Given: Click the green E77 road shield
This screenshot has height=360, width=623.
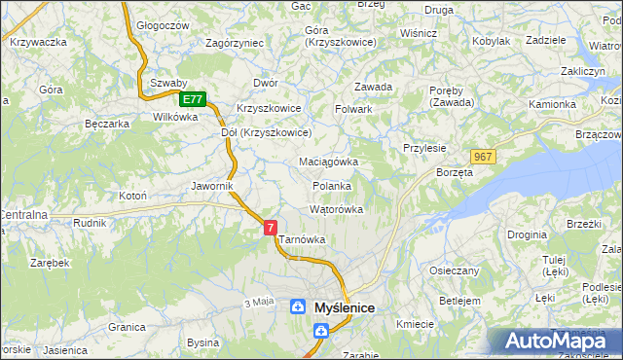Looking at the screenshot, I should (193, 99).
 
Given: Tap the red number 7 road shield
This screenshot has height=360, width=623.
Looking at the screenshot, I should (271, 227).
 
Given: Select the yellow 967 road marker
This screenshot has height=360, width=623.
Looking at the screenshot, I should (483, 157).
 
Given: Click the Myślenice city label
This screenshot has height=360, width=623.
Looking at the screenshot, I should (345, 307).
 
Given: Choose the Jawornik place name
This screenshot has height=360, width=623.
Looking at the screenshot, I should (212, 185).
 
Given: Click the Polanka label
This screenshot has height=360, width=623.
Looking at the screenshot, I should (331, 186).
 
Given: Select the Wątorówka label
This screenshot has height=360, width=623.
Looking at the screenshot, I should (336, 209).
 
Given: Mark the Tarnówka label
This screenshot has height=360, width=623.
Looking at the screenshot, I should (302, 239).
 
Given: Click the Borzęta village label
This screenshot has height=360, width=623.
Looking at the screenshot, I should (455, 172).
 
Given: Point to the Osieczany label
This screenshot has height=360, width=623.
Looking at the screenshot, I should (454, 270).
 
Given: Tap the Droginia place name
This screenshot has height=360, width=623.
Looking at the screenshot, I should (527, 235).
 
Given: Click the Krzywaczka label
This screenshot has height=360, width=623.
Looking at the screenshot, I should (37, 42).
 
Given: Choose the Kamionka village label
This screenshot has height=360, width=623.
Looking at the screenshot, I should (552, 104).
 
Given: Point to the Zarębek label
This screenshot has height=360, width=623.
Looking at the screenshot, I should (49, 264).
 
